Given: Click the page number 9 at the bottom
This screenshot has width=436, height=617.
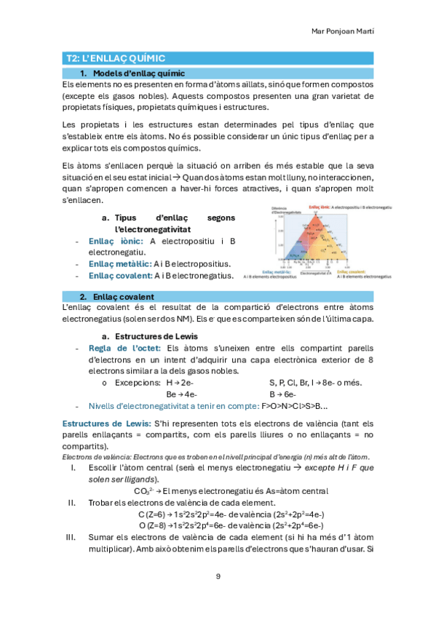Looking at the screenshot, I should pyautogui.click(x=218, y=576).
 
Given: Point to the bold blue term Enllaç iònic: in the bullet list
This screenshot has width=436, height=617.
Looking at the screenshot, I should pyautogui.click(x=114, y=241).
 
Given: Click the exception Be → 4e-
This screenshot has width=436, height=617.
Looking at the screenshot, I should pyautogui.click(x=180, y=394).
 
